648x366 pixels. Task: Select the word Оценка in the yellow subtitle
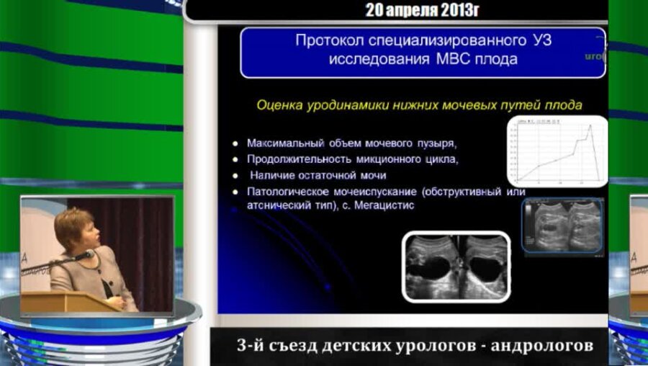click(276, 105)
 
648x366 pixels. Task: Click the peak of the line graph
click(590, 126)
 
